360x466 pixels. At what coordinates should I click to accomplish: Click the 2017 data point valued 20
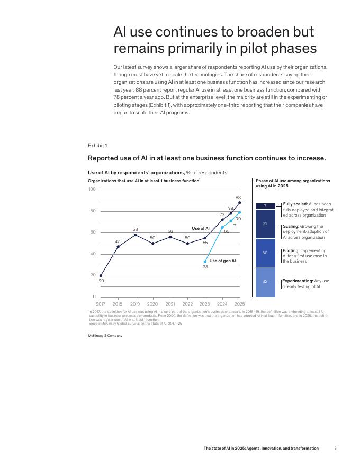point(101,275)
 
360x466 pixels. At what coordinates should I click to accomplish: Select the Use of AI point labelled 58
point(136,235)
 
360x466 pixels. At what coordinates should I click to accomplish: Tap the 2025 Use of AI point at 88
point(239,203)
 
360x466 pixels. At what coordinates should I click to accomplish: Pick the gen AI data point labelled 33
point(205,262)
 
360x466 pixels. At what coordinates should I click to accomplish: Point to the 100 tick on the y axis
point(92,190)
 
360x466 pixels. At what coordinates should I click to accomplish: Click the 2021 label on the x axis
point(170,304)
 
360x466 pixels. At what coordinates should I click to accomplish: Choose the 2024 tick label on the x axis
point(222,304)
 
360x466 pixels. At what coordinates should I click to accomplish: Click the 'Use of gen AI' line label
point(222,261)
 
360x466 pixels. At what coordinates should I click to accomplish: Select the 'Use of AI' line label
point(201,228)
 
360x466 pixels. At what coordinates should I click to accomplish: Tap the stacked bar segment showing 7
point(265,206)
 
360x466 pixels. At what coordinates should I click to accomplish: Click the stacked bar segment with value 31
point(265,223)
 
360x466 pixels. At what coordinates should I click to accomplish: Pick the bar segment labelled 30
point(265,253)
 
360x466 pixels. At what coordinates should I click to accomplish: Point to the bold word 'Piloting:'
point(291,250)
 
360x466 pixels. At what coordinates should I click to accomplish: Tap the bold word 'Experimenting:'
point(298,281)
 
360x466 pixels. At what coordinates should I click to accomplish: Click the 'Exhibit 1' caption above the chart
point(97,145)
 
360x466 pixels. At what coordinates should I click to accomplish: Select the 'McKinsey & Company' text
point(105,336)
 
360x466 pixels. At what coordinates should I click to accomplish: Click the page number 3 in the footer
point(335,448)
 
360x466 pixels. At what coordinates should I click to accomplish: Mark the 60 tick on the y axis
point(93,232)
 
